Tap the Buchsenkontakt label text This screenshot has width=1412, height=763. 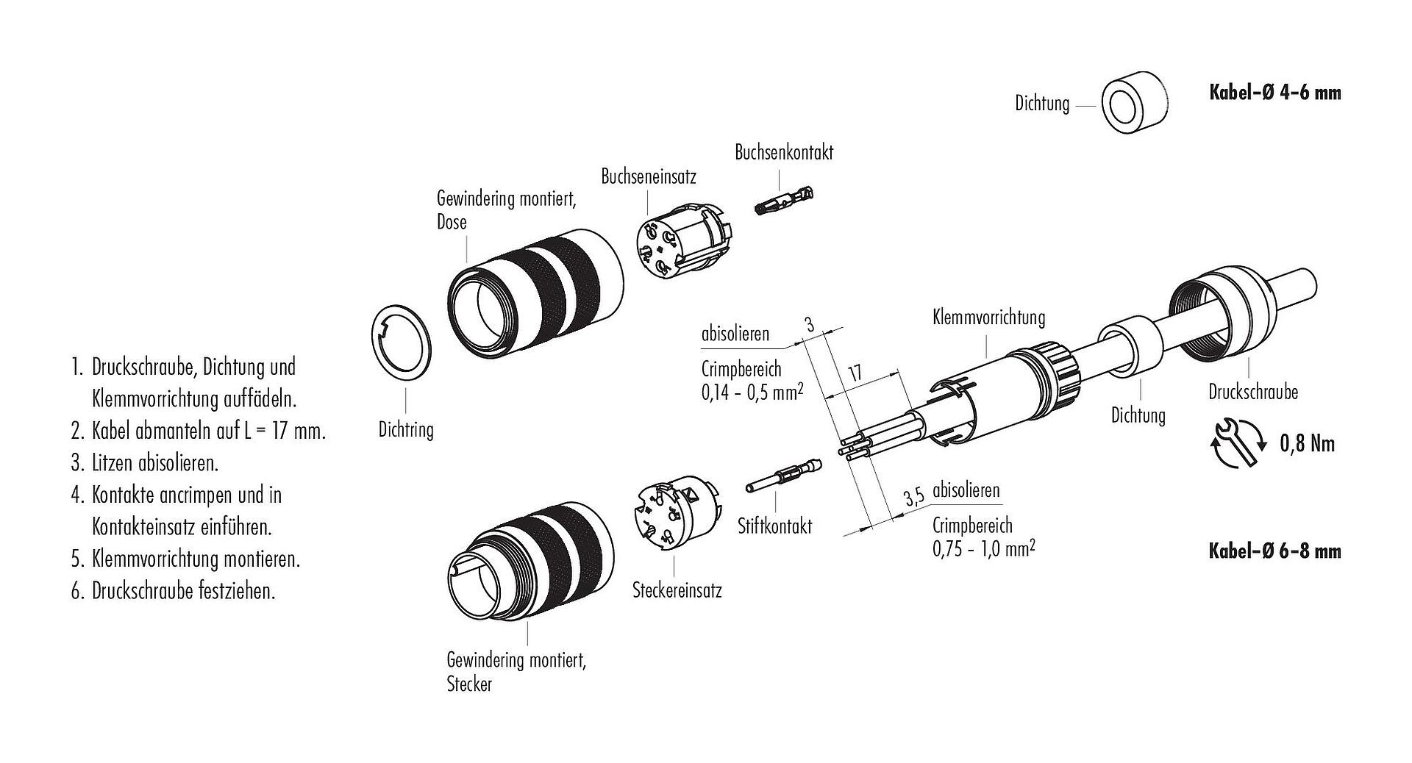tap(784, 152)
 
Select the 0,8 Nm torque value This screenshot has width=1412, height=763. tap(1307, 443)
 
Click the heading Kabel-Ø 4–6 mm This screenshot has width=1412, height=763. tap(1274, 93)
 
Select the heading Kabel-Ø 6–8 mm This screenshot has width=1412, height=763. tap(1274, 551)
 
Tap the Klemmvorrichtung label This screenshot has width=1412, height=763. tap(988, 318)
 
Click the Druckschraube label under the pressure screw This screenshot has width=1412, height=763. tap(1253, 392)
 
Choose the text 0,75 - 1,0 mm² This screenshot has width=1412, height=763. tap(983, 548)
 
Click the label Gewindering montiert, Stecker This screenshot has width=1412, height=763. tap(516, 671)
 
